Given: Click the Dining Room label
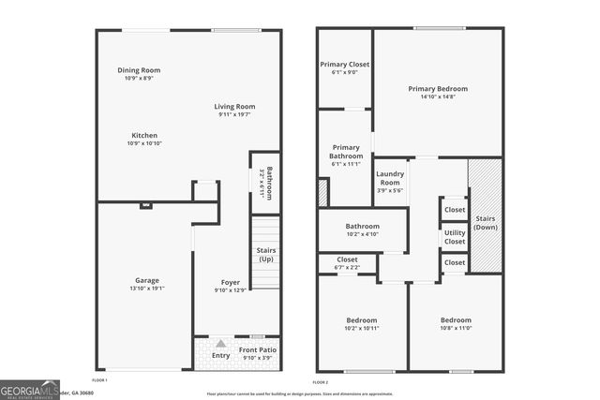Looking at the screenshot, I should (x=139, y=70).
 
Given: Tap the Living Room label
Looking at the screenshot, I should (x=235, y=107).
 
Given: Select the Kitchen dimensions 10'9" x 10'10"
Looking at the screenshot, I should (x=143, y=143).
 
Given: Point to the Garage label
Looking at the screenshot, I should (x=146, y=280).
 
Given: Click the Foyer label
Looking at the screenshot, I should (x=230, y=282).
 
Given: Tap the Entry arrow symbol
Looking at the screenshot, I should (x=221, y=345).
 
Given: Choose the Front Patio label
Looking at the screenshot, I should (x=256, y=350).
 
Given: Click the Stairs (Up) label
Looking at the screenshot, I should (x=265, y=254).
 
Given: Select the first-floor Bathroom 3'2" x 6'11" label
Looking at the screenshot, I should (x=267, y=183).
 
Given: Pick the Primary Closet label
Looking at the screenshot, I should (x=345, y=65).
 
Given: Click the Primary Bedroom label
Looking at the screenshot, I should (x=438, y=89).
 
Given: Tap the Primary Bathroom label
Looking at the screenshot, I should (x=345, y=151).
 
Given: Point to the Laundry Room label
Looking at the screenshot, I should (x=390, y=177).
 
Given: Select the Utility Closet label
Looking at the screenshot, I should (x=455, y=236).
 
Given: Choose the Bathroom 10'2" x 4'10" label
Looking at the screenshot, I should (x=362, y=226).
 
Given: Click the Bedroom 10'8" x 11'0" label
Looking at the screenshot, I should (x=456, y=320).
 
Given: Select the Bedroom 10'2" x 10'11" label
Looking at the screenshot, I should (x=360, y=320).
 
